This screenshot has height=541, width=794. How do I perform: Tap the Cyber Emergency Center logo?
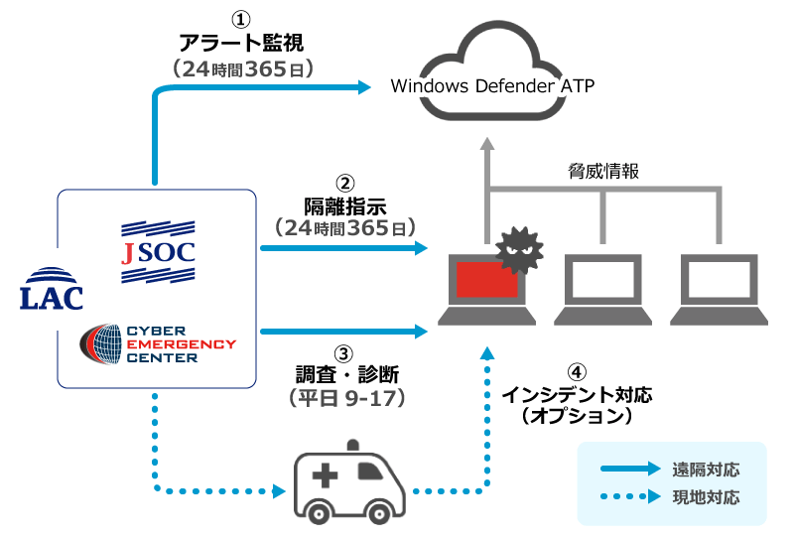158,343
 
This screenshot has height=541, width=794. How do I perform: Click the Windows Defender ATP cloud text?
492,85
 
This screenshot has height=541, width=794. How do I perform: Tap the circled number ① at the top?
241,20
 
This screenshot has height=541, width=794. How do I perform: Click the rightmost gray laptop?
720,289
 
